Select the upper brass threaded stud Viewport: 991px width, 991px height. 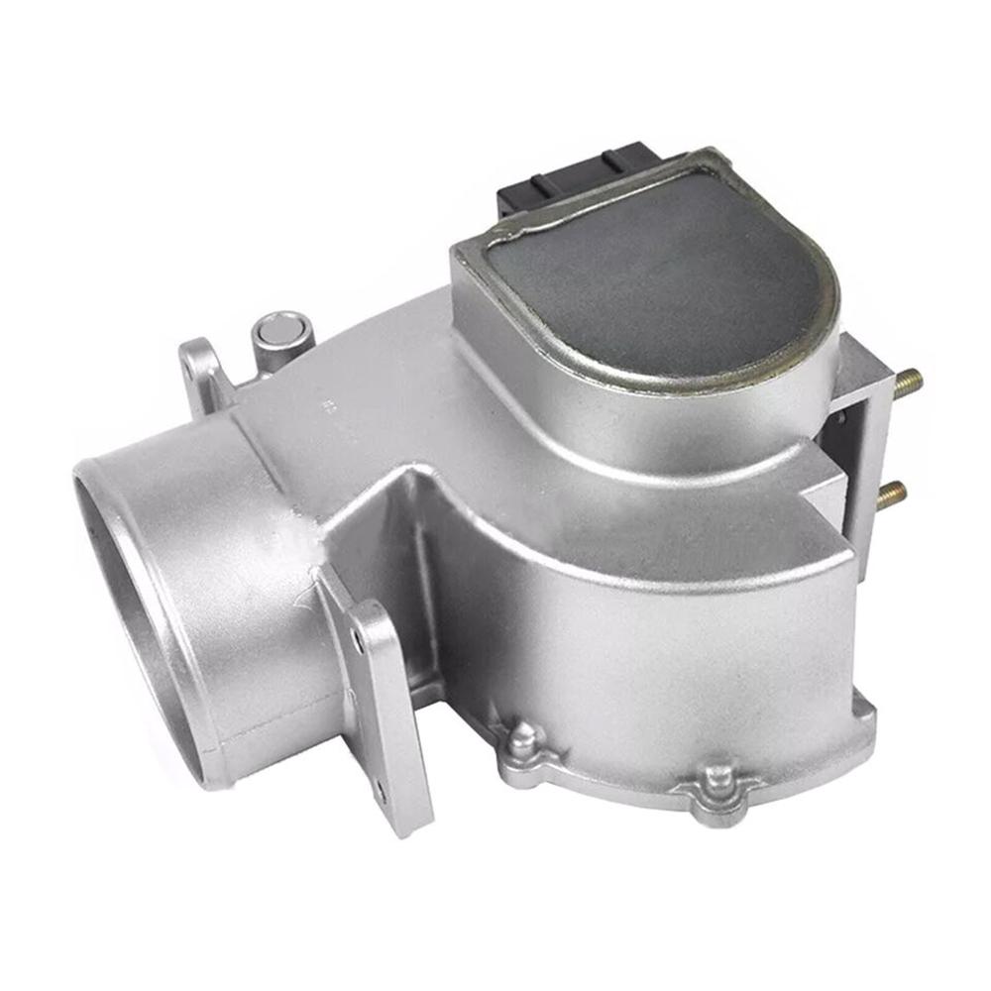click(x=907, y=380)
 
